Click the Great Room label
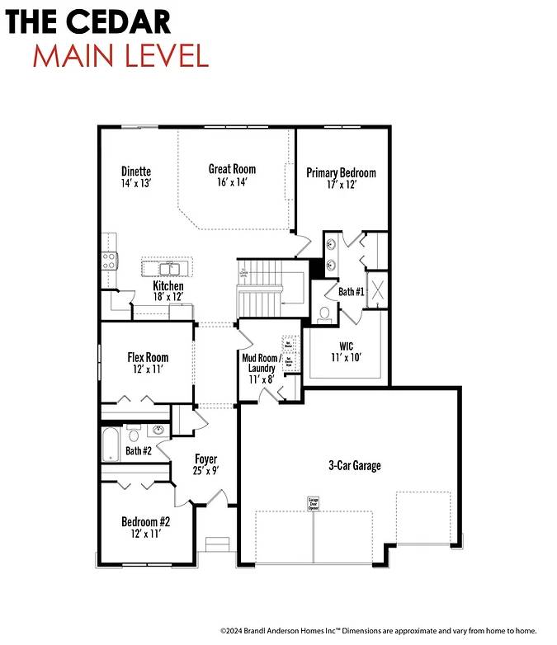click(x=232, y=169)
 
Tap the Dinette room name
click(x=135, y=172)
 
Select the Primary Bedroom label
click(x=341, y=172)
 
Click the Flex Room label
click(x=148, y=357)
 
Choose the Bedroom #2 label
click(x=146, y=522)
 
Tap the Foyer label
click(x=205, y=459)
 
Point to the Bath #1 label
click(x=351, y=292)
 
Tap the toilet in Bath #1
click(x=324, y=313)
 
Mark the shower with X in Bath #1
click(x=377, y=290)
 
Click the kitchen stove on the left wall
click(x=107, y=261)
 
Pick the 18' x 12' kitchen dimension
click(x=168, y=297)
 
